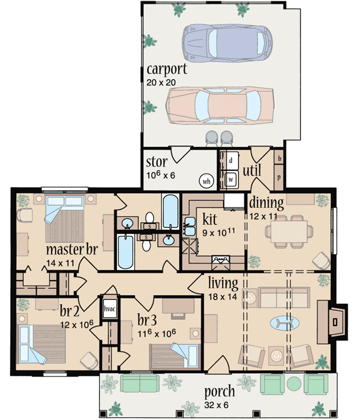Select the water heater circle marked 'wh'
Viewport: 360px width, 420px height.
(205, 179)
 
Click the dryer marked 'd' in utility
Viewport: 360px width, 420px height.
(230, 161)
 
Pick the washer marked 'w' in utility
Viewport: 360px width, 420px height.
(230, 178)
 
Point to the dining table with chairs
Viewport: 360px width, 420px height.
(290, 229)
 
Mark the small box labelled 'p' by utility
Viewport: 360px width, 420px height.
(279, 178)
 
